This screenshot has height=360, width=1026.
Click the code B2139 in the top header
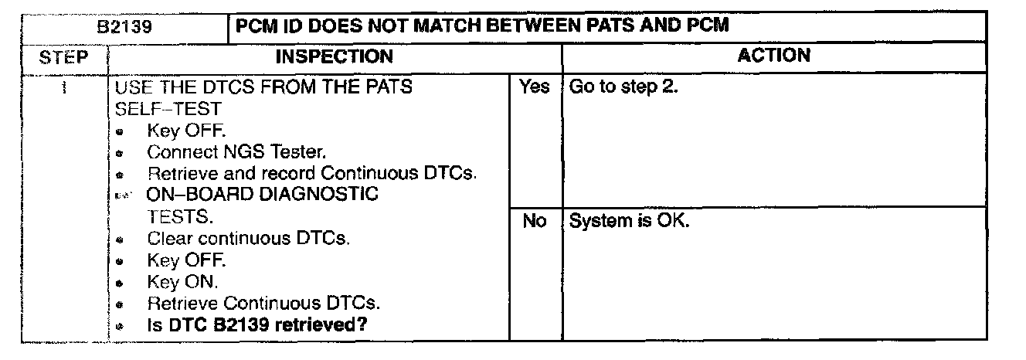(x=123, y=26)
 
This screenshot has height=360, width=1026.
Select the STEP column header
(x=64, y=57)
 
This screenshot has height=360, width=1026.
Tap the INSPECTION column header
(x=334, y=56)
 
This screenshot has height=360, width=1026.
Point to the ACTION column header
(x=774, y=56)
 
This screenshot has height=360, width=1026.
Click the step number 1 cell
(x=64, y=87)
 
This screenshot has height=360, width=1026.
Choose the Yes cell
(x=534, y=87)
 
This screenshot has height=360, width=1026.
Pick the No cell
(x=534, y=222)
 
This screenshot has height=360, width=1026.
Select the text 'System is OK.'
(x=629, y=222)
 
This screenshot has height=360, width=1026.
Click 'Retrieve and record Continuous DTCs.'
(x=311, y=173)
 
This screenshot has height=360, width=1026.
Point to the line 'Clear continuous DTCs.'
(x=249, y=239)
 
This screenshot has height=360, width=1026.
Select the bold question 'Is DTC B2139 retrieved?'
(x=256, y=325)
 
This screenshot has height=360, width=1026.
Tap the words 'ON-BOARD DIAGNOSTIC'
(x=263, y=195)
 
